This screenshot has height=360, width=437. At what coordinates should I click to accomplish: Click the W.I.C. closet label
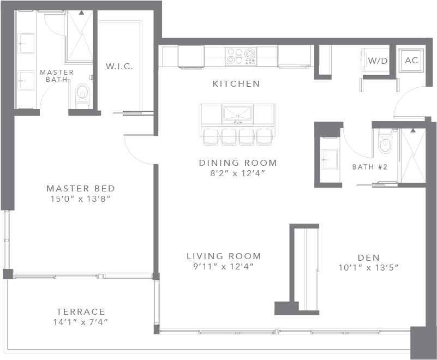119,67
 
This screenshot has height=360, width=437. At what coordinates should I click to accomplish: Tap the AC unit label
411,60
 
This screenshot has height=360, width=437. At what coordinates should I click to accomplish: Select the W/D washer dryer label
378,61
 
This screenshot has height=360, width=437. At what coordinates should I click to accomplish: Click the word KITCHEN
236,83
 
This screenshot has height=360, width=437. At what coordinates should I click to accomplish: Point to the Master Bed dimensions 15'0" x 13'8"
81,199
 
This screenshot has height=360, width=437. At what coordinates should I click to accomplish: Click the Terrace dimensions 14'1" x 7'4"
81,322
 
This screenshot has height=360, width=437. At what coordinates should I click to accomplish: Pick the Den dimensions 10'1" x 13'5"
368,267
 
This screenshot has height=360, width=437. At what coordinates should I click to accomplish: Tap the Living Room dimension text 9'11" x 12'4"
224,266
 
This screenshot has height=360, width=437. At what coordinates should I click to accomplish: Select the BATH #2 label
369,167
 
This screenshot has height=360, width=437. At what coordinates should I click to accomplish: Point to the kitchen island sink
237,114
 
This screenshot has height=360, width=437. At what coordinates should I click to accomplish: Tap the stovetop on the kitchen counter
241,57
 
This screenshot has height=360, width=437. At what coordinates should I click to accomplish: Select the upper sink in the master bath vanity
26,44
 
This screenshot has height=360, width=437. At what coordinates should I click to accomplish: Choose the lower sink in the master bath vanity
26,81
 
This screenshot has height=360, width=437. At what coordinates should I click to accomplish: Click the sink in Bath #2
329,160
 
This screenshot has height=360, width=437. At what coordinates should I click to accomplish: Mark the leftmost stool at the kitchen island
212,137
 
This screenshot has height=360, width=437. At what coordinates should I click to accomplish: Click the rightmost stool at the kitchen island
265,137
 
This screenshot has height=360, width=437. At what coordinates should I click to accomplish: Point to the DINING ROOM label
238,163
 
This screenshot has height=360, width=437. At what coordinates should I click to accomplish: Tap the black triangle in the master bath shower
81,13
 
